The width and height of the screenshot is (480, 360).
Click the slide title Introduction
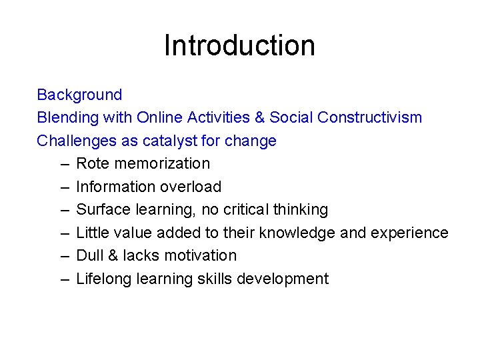[239, 45]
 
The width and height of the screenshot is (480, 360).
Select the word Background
[79, 95]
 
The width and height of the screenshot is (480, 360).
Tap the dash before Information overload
[64, 187]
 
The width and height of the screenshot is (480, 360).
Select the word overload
[193, 187]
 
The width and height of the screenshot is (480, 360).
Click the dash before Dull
[64, 255]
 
